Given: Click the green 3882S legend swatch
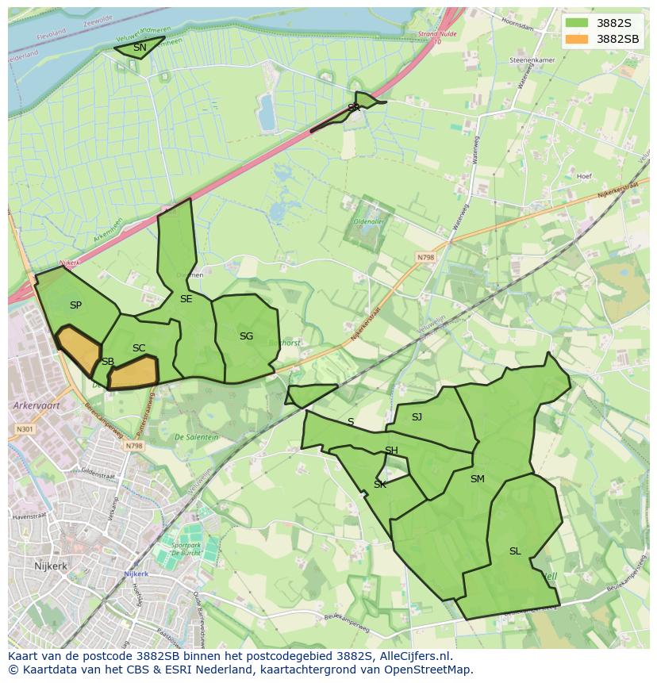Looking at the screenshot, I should (577, 23).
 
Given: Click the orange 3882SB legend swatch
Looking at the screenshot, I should (577, 39).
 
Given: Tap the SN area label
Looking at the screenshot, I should (140, 48).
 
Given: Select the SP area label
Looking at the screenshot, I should (75, 305).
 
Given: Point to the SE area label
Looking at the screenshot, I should (186, 299).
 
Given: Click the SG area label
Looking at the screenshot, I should (246, 336).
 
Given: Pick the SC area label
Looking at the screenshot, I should (139, 348).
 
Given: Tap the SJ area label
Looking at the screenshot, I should (417, 417).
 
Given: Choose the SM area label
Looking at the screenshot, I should (477, 479).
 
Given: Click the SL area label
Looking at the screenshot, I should (515, 551).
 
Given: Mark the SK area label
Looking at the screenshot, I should (380, 485).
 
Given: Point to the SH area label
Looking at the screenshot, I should (391, 451).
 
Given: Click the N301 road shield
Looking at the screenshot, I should (24, 430).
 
